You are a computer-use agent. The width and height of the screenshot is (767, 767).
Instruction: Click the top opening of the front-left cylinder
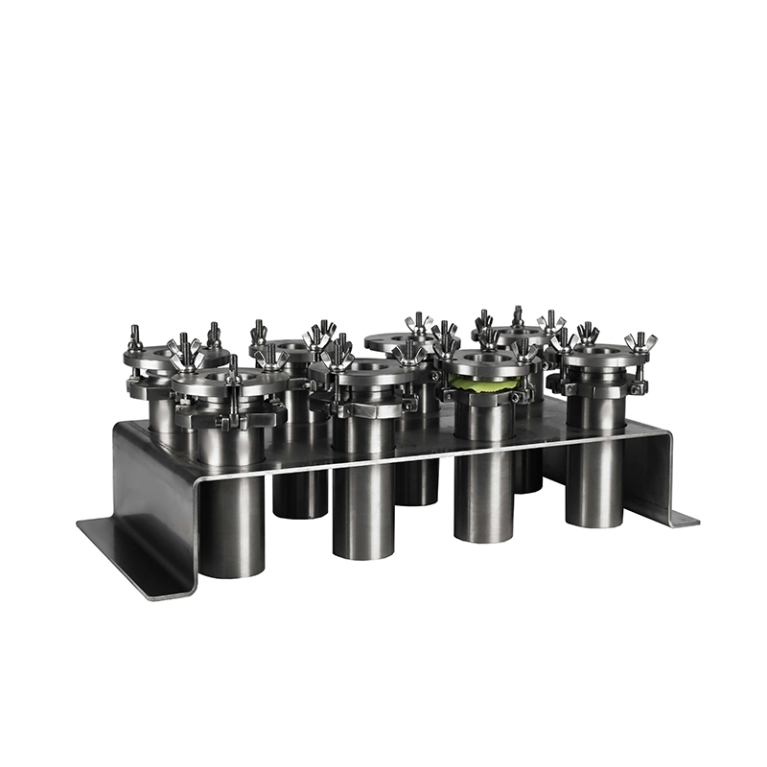pyautogui.click(x=231, y=376)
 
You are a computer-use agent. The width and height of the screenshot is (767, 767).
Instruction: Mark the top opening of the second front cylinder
pyautogui.click(x=367, y=365)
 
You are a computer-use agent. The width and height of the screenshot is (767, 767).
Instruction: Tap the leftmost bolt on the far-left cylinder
pyautogui.click(x=135, y=337)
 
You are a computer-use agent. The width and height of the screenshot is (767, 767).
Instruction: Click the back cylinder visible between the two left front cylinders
pyautogui.click(x=299, y=493)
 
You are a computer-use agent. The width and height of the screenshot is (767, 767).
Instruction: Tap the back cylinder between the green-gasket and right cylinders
pyautogui.click(x=527, y=470)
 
